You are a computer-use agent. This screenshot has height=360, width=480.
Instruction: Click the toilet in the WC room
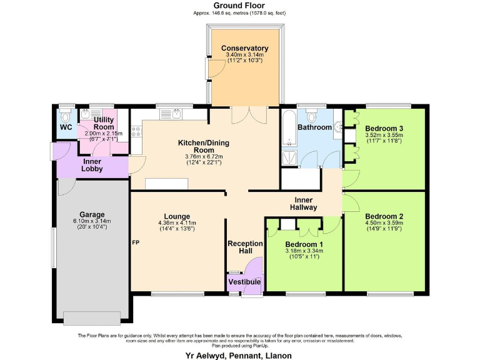(x=65, y=116)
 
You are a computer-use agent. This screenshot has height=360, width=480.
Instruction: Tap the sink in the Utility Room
(x=86, y=115)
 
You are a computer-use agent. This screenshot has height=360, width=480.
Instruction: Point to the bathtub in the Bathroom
(x=289, y=128)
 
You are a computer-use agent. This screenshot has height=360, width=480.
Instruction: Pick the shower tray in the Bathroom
(x=289, y=157)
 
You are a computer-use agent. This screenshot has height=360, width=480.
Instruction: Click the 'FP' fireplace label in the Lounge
(x=135, y=242)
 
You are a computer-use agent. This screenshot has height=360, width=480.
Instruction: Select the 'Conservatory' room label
(x=244, y=48)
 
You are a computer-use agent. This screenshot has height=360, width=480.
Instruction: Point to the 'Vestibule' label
(x=244, y=282)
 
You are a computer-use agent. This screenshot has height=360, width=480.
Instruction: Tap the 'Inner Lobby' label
(x=92, y=165)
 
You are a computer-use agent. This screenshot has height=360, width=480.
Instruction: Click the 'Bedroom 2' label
(x=384, y=217)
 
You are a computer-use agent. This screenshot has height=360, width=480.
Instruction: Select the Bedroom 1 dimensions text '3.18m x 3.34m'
(x=303, y=251)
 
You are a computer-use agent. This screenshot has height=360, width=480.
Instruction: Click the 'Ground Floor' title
(x=239, y=5)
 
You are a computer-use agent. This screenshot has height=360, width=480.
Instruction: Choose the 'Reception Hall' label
(x=244, y=247)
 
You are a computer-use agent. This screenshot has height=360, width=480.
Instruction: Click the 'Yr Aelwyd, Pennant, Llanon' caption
(x=240, y=355)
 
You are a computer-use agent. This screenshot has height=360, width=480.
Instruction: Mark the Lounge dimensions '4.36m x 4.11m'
(x=177, y=222)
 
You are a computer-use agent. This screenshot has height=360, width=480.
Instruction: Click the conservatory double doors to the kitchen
(x=244, y=114)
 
